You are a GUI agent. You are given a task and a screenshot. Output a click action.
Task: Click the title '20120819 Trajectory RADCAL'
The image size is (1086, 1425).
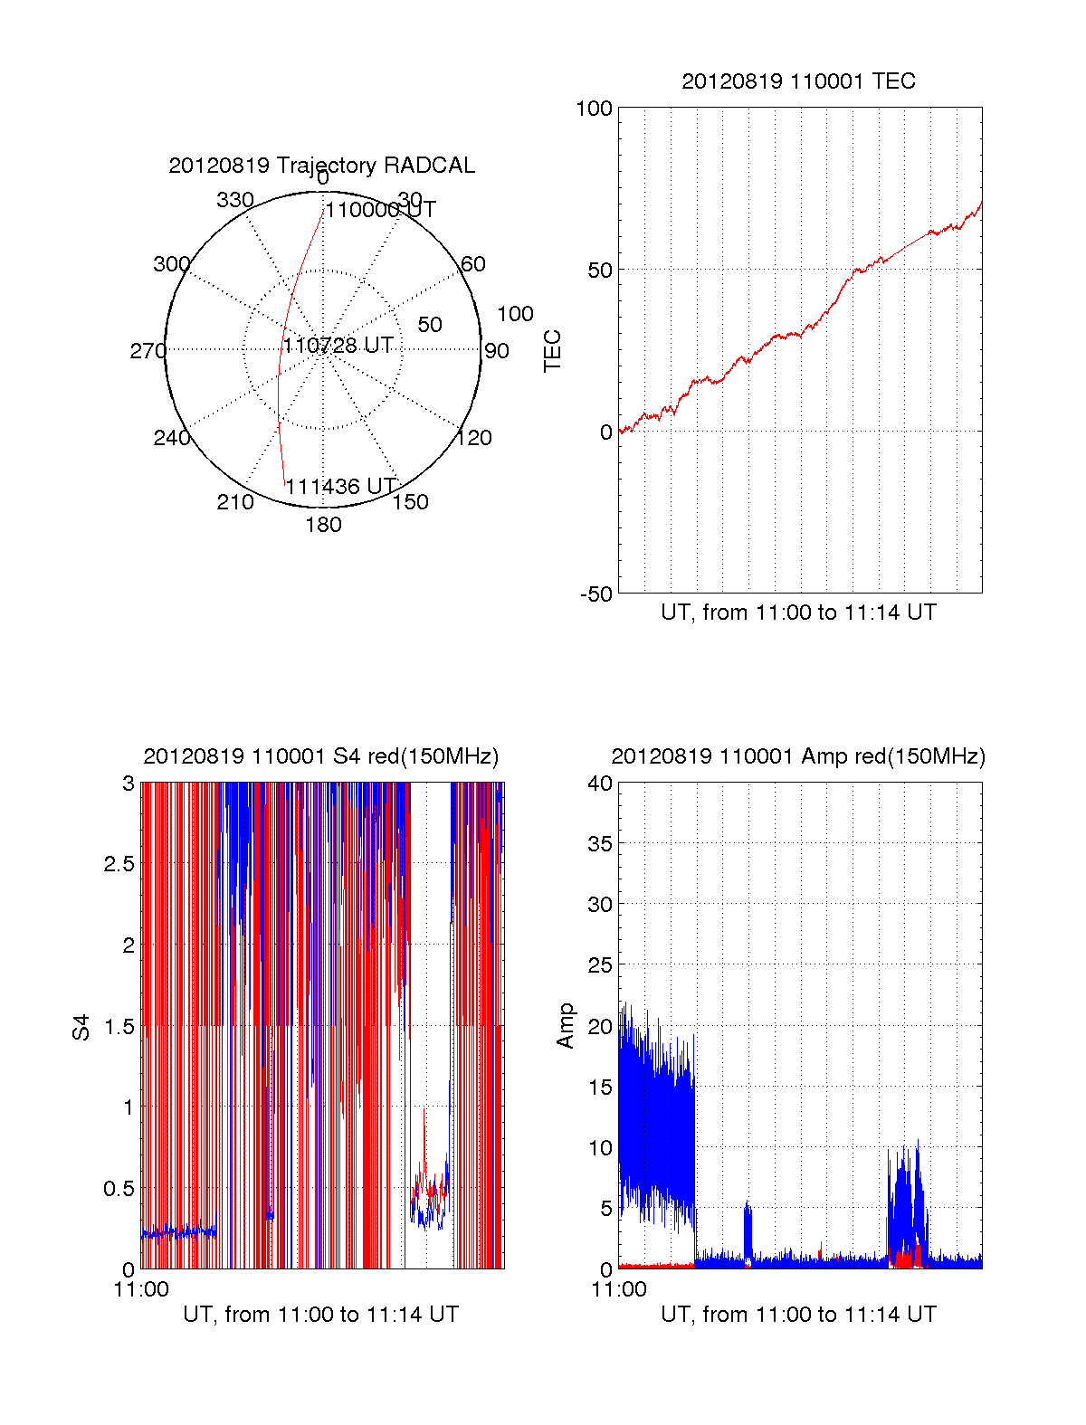pos(321,166)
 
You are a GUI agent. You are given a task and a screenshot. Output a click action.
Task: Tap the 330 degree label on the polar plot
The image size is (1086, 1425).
pos(235,200)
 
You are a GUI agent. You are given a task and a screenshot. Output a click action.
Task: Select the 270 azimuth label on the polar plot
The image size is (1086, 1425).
pos(148,351)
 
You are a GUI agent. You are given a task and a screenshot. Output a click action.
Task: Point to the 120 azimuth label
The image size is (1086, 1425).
pos(474,438)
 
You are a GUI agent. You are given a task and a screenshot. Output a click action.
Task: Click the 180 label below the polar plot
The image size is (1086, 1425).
pos(323,525)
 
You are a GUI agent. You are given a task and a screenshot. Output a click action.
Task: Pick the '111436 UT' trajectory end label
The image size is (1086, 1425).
pos(341,487)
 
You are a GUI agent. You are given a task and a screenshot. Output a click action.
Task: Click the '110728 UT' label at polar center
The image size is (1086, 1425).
pos(338,346)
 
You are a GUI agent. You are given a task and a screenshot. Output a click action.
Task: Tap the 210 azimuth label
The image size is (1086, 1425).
pos(235,502)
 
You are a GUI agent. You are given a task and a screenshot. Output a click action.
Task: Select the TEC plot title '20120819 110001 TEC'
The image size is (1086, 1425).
pos(798,81)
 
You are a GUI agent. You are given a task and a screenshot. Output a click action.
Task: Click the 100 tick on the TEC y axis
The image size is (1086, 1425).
pos(595,109)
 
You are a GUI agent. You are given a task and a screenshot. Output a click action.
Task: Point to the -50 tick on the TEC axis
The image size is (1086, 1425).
pos(596,594)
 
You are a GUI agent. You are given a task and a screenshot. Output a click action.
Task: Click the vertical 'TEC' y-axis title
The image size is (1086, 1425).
pos(552,351)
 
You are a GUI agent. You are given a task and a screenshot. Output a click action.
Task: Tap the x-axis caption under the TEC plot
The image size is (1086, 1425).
pos(798,613)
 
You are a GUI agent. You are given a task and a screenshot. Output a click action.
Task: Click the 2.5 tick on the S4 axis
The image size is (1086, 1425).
pos(119,864)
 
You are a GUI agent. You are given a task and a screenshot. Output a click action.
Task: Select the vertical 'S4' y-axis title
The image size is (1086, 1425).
pos(81,1028)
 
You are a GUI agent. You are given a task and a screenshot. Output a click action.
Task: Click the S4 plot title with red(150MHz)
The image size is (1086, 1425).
pos(321,756)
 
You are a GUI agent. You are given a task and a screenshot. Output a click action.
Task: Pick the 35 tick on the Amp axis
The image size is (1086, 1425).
pos(600,844)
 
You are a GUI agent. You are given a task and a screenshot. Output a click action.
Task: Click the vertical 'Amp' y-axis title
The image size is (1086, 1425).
pos(566,1026)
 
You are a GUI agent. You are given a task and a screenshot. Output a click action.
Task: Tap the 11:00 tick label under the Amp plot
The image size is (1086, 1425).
pos(619,1290)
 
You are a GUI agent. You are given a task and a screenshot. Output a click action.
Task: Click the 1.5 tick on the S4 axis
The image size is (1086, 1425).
pos(119,1027)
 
